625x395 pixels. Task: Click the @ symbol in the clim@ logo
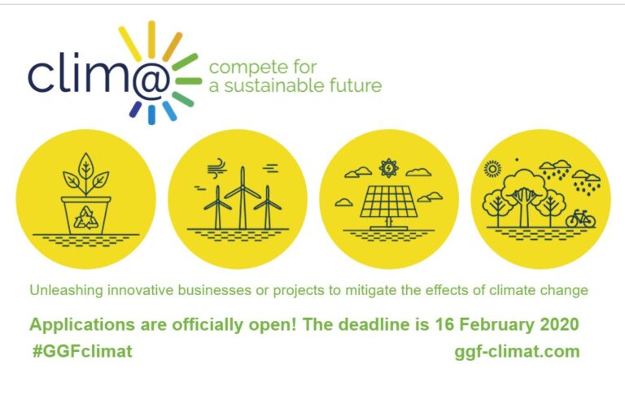click(x=151, y=81)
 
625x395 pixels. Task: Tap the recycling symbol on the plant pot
click(x=85, y=218)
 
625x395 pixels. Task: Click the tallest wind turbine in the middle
click(x=243, y=197)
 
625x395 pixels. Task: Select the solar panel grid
click(x=389, y=202)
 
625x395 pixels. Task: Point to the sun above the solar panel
click(x=389, y=168)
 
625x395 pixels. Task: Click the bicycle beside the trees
click(x=580, y=219)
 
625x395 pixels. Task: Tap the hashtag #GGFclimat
click(x=82, y=351)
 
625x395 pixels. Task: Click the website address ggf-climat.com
click(x=517, y=352)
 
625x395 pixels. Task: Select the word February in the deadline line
click(x=496, y=324)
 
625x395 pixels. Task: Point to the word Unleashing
click(x=66, y=290)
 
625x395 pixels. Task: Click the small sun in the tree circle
click(x=492, y=169)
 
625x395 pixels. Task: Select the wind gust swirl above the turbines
click(x=217, y=167)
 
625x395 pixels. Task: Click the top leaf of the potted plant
click(x=85, y=164)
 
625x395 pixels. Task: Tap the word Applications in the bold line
click(x=82, y=325)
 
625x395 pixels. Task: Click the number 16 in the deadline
click(x=444, y=324)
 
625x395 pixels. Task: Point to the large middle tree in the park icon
click(x=523, y=197)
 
